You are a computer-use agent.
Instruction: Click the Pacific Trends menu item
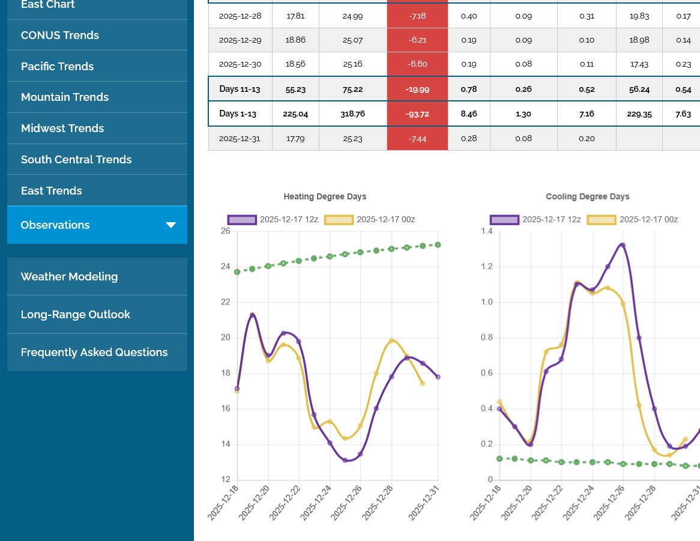[57, 66]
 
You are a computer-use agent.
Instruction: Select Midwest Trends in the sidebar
[62, 128]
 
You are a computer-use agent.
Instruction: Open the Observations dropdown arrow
[170, 225]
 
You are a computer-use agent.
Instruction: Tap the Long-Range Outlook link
[75, 314]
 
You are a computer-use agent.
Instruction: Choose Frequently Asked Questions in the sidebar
[94, 352]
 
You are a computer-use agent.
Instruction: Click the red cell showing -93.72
[417, 113]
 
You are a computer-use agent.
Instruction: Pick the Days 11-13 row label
[240, 89]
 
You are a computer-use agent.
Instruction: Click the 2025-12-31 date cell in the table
[240, 139]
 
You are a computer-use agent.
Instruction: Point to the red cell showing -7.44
[417, 139]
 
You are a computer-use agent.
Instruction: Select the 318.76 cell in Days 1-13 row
[352, 113]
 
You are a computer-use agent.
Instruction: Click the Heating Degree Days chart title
[325, 196]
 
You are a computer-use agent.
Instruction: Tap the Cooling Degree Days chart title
[587, 196]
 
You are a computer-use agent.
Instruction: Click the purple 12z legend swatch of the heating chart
[242, 220]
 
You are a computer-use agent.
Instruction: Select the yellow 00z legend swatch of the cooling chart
[602, 220]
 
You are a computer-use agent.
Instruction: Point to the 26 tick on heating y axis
[225, 231]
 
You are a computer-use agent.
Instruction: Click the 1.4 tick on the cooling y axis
[486, 231]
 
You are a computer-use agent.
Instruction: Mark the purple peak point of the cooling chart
[623, 245]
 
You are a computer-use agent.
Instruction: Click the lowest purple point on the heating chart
[345, 461]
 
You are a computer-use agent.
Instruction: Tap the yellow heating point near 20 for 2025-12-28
[391, 340]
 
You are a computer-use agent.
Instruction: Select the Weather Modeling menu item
[69, 276]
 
